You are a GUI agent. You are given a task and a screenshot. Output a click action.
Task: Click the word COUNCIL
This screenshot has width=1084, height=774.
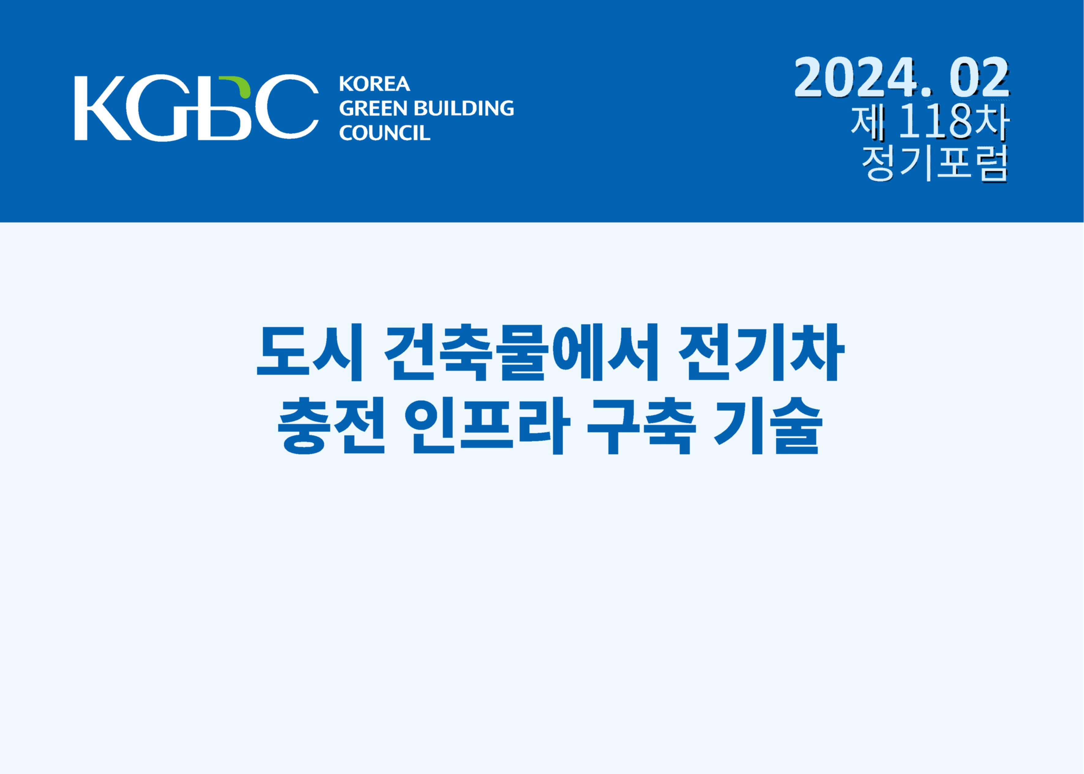[384, 133]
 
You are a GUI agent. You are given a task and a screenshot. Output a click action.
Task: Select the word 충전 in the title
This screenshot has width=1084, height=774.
[331, 426]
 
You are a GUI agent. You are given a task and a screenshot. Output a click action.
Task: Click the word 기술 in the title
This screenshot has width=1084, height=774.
[768, 426]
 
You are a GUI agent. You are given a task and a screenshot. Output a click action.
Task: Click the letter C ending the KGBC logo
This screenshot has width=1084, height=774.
[286, 108]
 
